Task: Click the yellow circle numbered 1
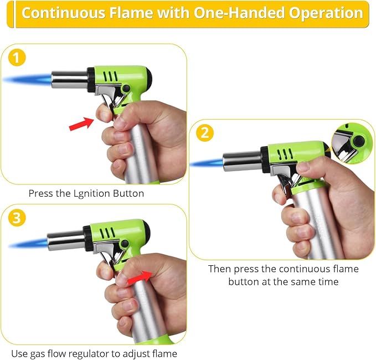(17, 58)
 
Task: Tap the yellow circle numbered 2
(205, 133)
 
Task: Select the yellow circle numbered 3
(17, 218)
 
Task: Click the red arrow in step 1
(81, 124)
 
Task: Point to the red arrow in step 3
(140, 277)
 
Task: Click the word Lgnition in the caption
(92, 193)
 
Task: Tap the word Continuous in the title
(63, 13)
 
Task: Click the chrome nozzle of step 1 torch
(70, 79)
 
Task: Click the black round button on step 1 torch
(126, 89)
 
